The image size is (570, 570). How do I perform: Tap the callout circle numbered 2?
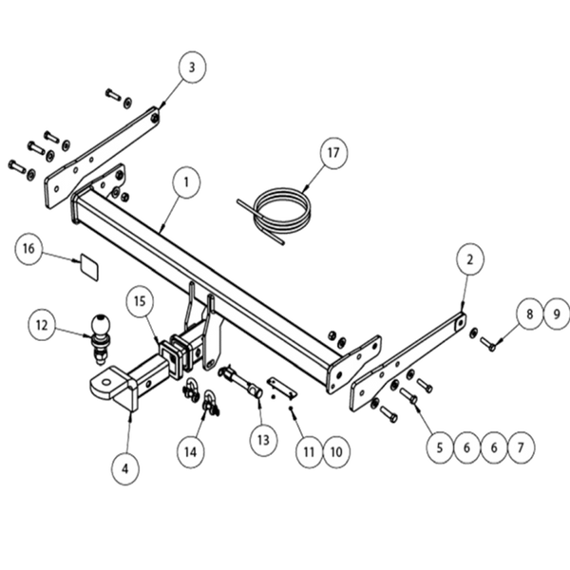[469, 256]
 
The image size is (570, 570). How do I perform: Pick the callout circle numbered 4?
[124, 465]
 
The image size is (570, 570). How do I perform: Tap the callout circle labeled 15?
[140, 302]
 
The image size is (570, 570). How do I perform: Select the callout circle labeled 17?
[332, 152]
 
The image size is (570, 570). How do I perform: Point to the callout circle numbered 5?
[438, 444]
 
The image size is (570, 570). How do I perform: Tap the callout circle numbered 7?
[519, 444]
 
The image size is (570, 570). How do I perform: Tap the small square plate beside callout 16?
[85, 264]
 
